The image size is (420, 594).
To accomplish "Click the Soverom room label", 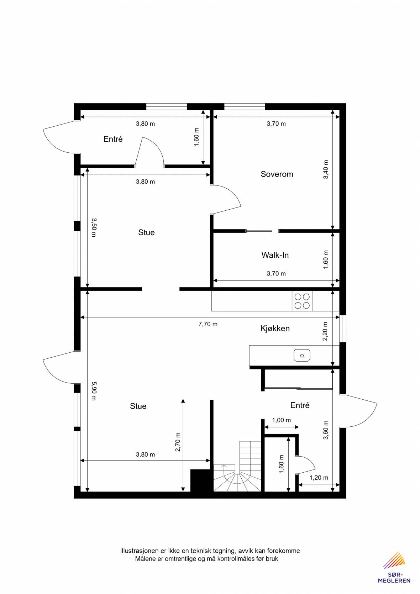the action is pyautogui.click(x=277, y=174).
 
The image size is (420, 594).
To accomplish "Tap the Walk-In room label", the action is pyautogui.click(x=275, y=255).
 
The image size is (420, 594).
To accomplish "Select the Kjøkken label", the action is pyautogui.click(x=275, y=328).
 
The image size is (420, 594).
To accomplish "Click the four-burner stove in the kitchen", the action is pyautogui.click(x=302, y=301).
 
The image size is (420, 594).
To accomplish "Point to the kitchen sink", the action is pyautogui.click(x=302, y=356).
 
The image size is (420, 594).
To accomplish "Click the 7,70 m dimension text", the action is pyautogui.click(x=208, y=324).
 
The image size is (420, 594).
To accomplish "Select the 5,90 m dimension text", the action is pyautogui.click(x=94, y=391).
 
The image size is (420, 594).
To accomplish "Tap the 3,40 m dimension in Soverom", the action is pyautogui.click(x=326, y=169).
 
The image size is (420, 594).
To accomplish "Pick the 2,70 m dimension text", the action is pyautogui.click(x=178, y=442).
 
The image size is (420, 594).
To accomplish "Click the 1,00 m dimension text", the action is pyautogui.click(x=281, y=420).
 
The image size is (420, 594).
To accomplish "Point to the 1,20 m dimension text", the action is pyautogui.click(x=319, y=478).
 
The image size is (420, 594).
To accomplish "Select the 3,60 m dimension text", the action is pyautogui.click(x=326, y=430).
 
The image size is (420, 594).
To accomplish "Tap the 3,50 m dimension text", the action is pyautogui.click(x=94, y=227).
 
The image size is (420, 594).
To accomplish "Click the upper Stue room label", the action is pyautogui.click(x=146, y=232).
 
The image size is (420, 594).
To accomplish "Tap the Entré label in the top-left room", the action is pyautogui.click(x=113, y=139).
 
